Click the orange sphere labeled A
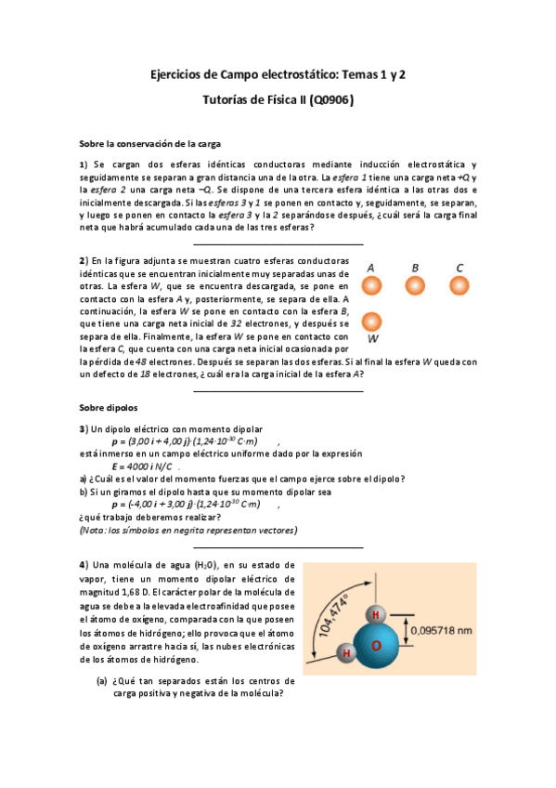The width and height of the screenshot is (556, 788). [x=371, y=284]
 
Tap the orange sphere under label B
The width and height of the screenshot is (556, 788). [x=415, y=284]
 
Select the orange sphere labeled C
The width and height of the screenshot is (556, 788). [x=459, y=284]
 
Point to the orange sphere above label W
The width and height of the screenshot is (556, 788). [x=371, y=322]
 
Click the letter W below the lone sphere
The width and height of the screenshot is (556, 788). [x=372, y=352]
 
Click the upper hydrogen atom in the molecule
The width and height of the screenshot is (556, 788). [x=375, y=615]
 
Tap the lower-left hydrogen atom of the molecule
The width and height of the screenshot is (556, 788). [x=345, y=654]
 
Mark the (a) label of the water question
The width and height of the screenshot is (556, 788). [x=102, y=681]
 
